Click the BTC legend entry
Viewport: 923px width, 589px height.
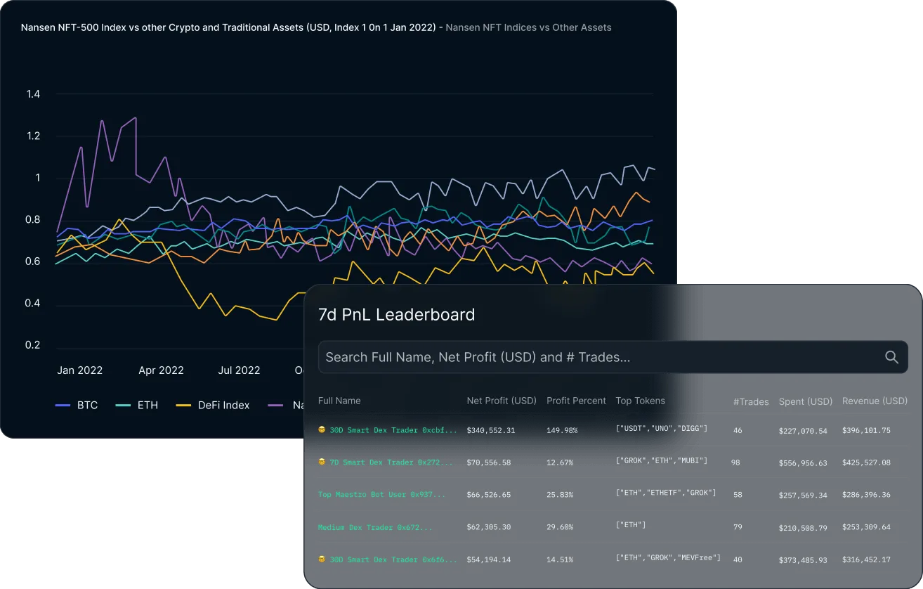click(x=77, y=405)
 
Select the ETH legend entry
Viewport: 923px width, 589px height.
click(x=137, y=405)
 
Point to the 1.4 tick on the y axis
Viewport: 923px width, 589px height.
click(x=33, y=94)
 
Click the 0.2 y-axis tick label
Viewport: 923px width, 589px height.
click(x=33, y=345)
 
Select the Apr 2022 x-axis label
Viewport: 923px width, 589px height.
click(x=161, y=370)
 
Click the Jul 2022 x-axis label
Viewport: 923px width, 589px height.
click(x=239, y=370)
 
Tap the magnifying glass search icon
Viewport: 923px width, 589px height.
click(x=891, y=357)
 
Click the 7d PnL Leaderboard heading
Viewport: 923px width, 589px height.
click(x=396, y=315)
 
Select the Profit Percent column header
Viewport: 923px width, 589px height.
click(x=576, y=401)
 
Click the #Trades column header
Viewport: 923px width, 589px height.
click(x=751, y=402)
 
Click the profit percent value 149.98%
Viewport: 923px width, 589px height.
click(x=562, y=430)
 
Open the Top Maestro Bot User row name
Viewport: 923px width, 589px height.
click(x=381, y=495)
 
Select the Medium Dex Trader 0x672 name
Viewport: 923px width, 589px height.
click(x=375, y=527)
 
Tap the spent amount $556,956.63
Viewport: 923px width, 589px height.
click(x=803, y=463)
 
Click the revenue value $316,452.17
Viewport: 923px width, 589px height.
click(x=866, y=560)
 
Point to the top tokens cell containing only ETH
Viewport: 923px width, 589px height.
click(x=631, y=525)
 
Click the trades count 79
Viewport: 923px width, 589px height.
click(x=738, y=527)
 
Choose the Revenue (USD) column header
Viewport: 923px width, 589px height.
click(x=875, y=401)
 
